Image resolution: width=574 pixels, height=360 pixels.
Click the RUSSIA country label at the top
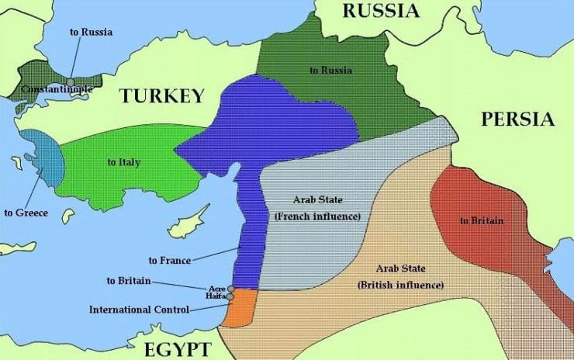click(381, 10)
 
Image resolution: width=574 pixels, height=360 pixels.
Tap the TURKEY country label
click(161, 96)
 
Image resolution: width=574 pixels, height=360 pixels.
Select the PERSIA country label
click(517, 119)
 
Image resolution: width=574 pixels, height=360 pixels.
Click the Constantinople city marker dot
click(71, 81)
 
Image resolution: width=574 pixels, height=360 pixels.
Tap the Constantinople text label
click(57, 89)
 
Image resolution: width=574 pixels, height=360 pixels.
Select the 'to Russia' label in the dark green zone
click(330, 71)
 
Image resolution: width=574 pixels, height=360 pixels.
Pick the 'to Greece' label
click(26, 213)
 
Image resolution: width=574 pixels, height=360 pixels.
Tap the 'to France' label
click(170, 260)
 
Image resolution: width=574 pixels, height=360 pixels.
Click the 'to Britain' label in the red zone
click(481, 220)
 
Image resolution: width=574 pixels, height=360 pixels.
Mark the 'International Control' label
click(139, 310)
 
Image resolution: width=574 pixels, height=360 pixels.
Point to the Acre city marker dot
click(230, 289)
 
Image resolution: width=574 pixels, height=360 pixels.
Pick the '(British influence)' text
click(400, 285)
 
